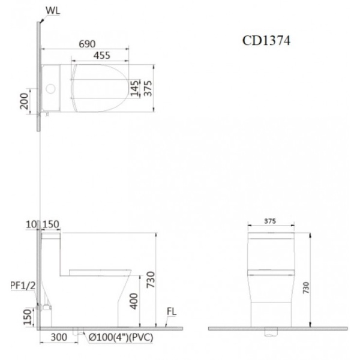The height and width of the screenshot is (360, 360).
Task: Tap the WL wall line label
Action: point(52,10)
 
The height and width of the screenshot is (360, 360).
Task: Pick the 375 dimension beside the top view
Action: point(147,88)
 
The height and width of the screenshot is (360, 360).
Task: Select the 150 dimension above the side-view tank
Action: point(51,224)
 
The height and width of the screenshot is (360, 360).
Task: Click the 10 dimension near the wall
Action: point(32,224)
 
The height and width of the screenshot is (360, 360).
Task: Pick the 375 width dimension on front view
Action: point(271,220)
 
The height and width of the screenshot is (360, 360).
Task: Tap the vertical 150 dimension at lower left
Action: point(25,316)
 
